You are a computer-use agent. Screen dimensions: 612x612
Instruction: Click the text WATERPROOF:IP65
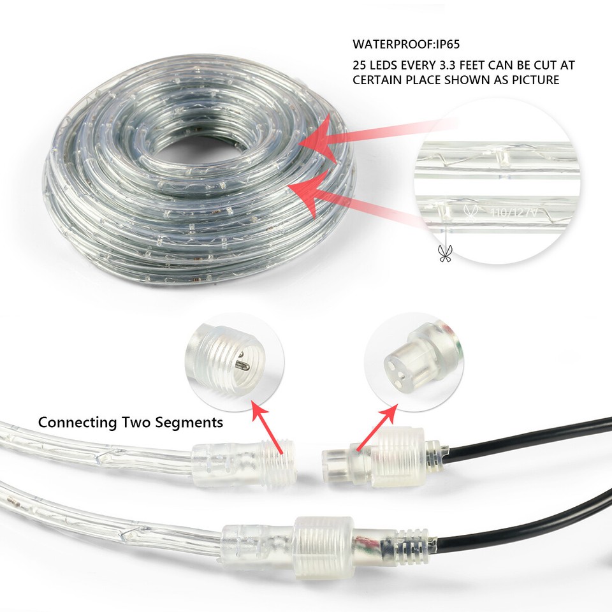coord(406,45)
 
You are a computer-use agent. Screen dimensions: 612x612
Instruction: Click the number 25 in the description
coord(360,65)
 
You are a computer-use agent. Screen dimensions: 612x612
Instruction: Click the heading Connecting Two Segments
coord(131,422)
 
